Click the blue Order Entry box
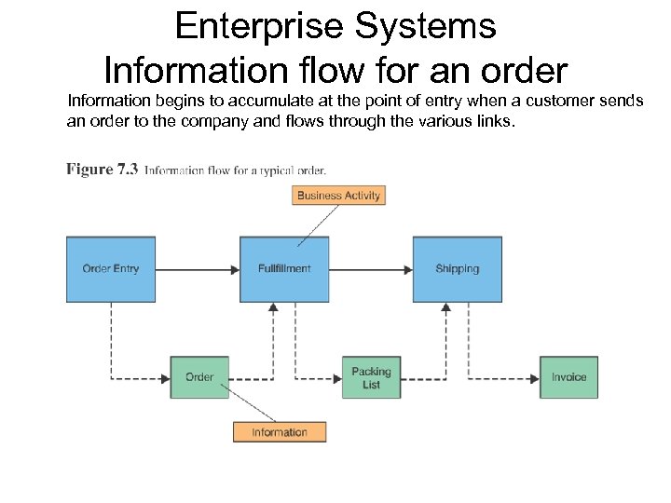pyautogui.click(x=110, y=269)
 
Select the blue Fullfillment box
pyautogui.click(x=284, y=269)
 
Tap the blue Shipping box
pyautogui.click(x=457, y=269)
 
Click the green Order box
pyautogui.click(x=199, y=377)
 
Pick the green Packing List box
pyautogui.click(x=371, y=377)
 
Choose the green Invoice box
pyautogui.click(x=568, y=377)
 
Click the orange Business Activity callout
pyautogui.click(x=338, y=196)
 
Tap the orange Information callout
pyautogui.click(x=280, y=432)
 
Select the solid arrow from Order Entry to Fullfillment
pyautogui.click(x=198, y=270)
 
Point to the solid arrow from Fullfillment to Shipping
pyautogui.click(x=371, y=270)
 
